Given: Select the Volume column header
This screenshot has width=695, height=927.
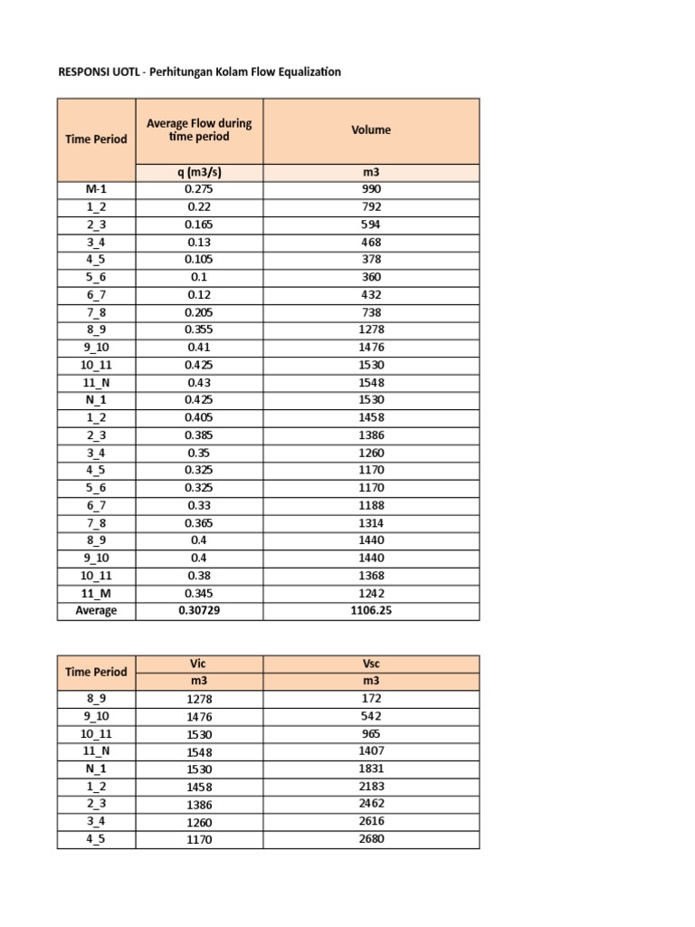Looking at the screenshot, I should [371, 130].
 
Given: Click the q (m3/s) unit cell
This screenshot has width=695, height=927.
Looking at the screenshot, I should [199, 172].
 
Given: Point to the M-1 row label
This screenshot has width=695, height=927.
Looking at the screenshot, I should [96, 189].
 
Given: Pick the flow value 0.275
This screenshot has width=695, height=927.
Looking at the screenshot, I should [199, 189].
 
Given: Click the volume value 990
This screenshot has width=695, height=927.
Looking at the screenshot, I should [371, 189].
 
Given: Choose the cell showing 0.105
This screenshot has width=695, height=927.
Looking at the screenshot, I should [199, 260].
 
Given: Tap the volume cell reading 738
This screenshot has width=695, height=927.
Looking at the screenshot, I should [371, 312].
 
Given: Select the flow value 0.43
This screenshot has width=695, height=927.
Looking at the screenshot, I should [199, 382].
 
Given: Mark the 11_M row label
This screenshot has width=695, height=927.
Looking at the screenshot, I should [96, 593].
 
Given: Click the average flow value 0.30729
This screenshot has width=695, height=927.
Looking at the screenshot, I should [199, 611].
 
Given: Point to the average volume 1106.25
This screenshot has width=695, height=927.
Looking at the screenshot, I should [371, 611].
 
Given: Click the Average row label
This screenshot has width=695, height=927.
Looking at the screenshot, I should [96, 611].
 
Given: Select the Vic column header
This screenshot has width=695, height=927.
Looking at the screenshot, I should [199, 664].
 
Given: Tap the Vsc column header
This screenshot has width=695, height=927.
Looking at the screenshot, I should [371, 664].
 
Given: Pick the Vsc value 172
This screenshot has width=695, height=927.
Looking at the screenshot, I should [371, 699].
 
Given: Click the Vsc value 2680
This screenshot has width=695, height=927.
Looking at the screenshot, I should [371, 839].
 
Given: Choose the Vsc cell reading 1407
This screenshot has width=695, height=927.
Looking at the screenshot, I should [371, 751].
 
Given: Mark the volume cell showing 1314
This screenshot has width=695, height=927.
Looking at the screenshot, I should [371, 523].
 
